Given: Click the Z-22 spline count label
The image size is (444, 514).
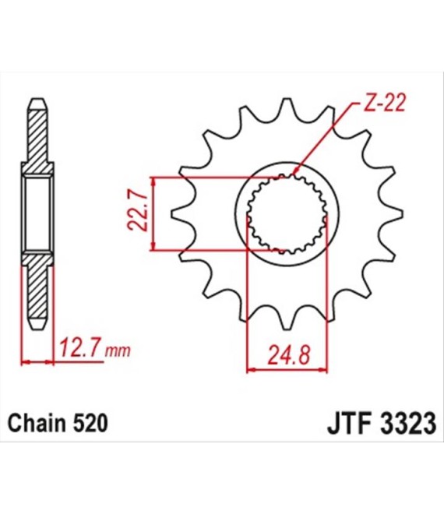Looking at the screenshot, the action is (382, 103).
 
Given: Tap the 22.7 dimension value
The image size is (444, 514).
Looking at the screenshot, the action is (137, 213).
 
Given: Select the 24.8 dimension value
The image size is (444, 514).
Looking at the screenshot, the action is (288, 354).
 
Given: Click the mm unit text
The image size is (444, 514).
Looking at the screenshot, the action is (118, 351).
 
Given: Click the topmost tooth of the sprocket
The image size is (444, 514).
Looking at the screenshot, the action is (287, 107).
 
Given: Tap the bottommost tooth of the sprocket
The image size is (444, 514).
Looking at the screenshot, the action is (287, 319).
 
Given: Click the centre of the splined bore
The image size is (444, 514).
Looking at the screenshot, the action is (287, 213).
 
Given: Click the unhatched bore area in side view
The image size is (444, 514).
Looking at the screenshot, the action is (37, 213).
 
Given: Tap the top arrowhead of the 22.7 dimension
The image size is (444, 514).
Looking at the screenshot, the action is (153, 181).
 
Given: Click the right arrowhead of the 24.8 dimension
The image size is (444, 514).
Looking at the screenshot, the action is (324, 371).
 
